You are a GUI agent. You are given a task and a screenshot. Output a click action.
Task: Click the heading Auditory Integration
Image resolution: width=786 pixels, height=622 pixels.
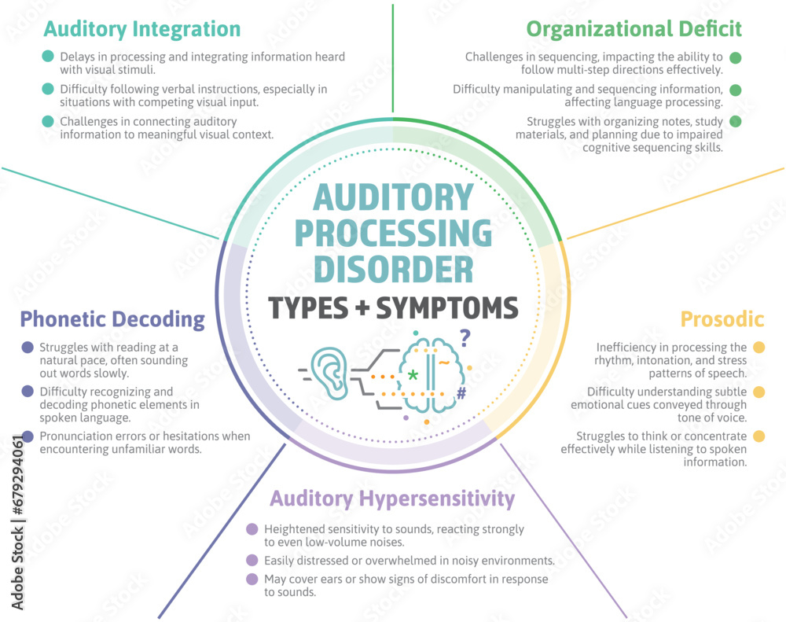pyautogui.click(x=141, y=30)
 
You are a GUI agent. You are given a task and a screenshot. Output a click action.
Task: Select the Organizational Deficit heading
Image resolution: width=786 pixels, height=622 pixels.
pyautogui.click(x=634, y=30)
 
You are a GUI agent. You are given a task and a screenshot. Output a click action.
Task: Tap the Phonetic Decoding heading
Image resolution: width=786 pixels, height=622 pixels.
pyautogui.click(x=112, y=319)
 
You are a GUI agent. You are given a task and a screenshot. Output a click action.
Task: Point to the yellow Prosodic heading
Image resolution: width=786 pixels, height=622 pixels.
pyautogui.click(x=722, y=319)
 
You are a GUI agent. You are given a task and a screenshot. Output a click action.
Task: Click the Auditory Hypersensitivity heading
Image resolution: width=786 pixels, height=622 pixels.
pyautogui.click(x=392, y=499)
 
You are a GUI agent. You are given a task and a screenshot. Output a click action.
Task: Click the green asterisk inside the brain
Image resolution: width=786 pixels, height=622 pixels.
pyautogui.click(x=413, y=376)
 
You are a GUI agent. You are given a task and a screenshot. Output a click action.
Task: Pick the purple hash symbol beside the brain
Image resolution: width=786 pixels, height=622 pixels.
pyautogui.click(x=461, y=393)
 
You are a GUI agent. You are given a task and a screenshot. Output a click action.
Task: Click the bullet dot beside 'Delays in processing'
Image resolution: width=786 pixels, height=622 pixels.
pyautogui.click(x=48, y=57)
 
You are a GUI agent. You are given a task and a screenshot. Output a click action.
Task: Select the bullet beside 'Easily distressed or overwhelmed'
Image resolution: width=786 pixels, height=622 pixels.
pyautogui.click(x=252, y=561)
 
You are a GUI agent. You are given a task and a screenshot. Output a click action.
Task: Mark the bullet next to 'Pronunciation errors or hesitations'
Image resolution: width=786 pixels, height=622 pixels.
pyautogui.click(x=28, y=436)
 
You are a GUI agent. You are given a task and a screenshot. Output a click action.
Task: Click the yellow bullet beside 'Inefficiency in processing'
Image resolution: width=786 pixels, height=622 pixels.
pyautogui.click(x=758, y=347)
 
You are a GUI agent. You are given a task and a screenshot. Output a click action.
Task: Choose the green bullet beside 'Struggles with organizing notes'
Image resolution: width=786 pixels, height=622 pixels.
pyautogui.click(x=736, y=121)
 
